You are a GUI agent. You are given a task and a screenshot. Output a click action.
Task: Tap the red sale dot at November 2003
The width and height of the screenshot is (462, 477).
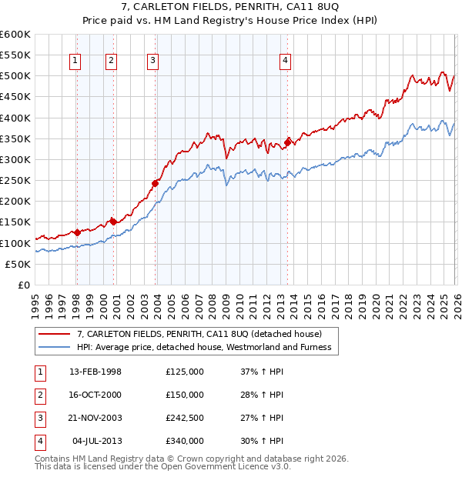(155, 183)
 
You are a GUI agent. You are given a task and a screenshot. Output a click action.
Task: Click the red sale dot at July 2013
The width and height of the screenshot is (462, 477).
(287, 142)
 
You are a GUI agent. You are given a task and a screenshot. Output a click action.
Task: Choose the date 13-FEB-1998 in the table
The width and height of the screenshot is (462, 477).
(95, 372)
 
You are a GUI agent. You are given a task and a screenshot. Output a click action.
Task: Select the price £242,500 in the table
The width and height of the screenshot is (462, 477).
(184, 418)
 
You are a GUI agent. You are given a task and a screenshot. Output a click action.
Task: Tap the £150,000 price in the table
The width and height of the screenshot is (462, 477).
(184, 395)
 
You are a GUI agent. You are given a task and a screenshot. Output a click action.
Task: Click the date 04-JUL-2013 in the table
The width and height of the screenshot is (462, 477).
(97, 441)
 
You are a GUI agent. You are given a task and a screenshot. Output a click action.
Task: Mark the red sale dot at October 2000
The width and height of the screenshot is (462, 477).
(112, 222)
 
